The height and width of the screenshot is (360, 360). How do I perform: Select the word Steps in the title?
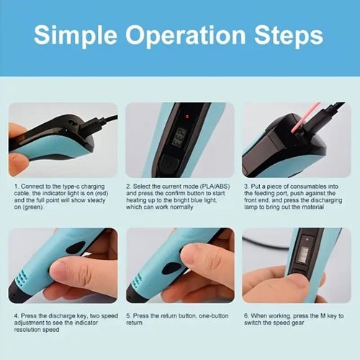click(x=288, y=35)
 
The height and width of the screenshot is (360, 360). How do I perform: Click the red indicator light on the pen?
click(x=184, y=115)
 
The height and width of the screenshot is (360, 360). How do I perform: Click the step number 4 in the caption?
click(x=15, y=315)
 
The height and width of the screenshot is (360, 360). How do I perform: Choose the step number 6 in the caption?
click(x=245, y=315)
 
